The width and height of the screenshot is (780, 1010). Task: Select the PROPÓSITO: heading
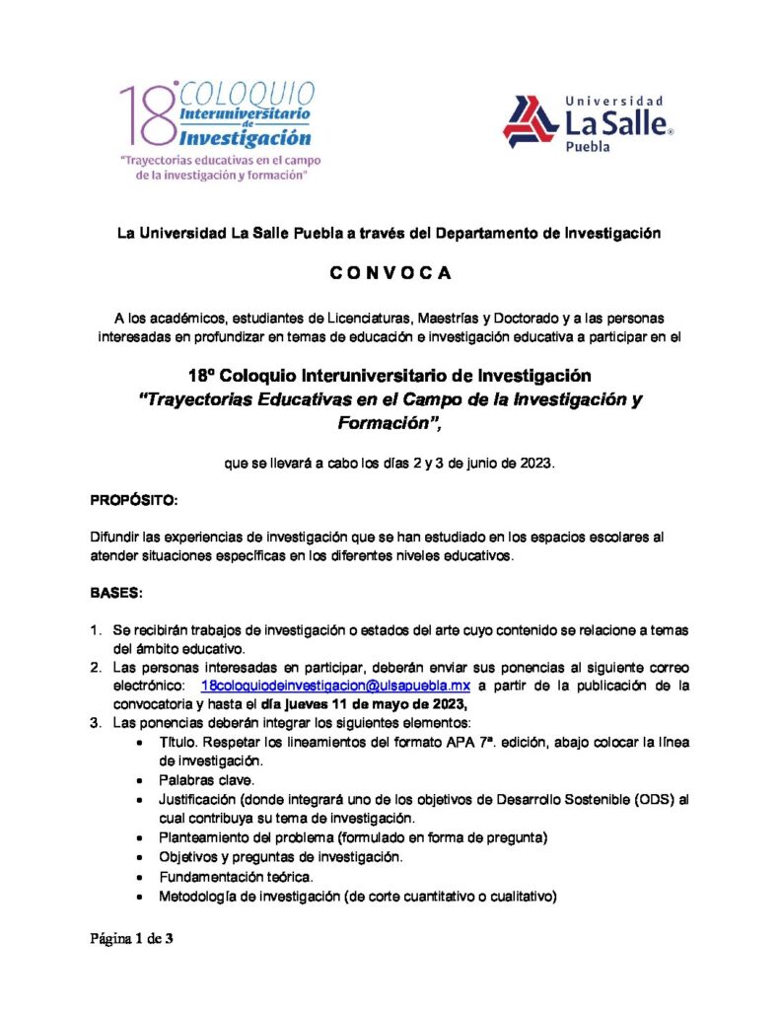134,500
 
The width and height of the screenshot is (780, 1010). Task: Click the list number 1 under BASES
96,629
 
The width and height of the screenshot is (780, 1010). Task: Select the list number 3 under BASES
96,722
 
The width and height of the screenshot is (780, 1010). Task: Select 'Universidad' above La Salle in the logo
613,101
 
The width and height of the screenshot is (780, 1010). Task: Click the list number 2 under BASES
96,667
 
